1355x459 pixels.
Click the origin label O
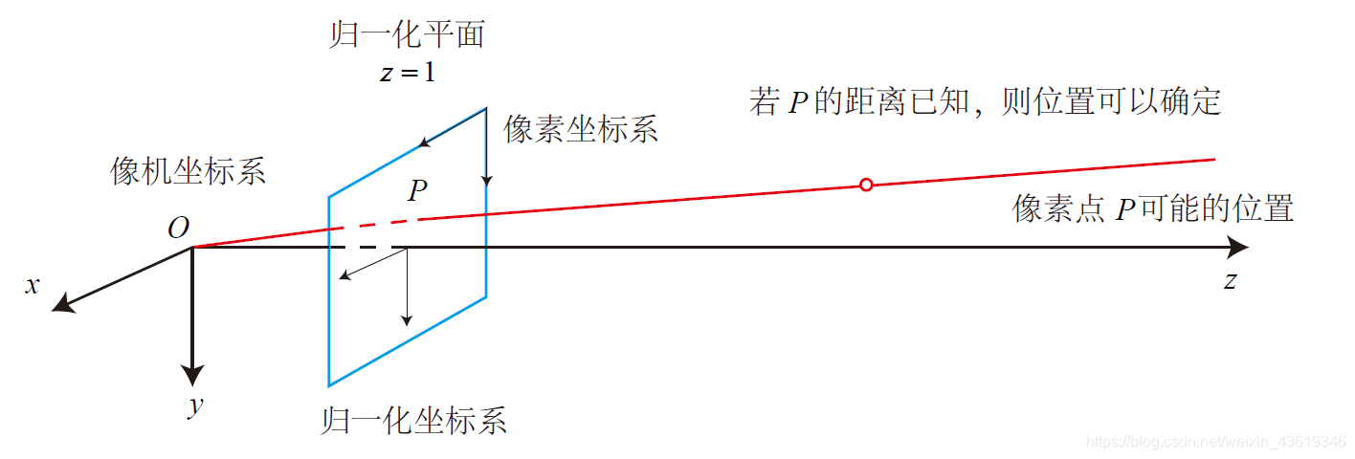(x=178, y=229)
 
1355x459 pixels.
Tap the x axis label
(x=33, y=284)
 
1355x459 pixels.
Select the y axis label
(x=195, y=405)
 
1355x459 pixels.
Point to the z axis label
(x=1231, y=280)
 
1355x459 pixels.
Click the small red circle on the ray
(x=866, y=185)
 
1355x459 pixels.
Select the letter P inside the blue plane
(x=416, y=191)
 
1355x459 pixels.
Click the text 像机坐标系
(x=189, y=172)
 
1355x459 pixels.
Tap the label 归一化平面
(x=407, y=36)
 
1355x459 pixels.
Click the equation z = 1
(x=407, y=73)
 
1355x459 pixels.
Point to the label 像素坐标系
(x=581, y=130)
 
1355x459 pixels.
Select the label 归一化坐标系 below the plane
(x=414, y=421)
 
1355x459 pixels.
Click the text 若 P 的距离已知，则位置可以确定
(x=986, y=101)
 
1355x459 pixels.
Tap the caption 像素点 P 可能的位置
(x=1153, y=208)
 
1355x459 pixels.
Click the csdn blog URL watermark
(x=1218, y=442)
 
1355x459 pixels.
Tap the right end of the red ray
(x=1212, y=159)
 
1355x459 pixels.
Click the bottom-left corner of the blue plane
(x=329, y=385)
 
